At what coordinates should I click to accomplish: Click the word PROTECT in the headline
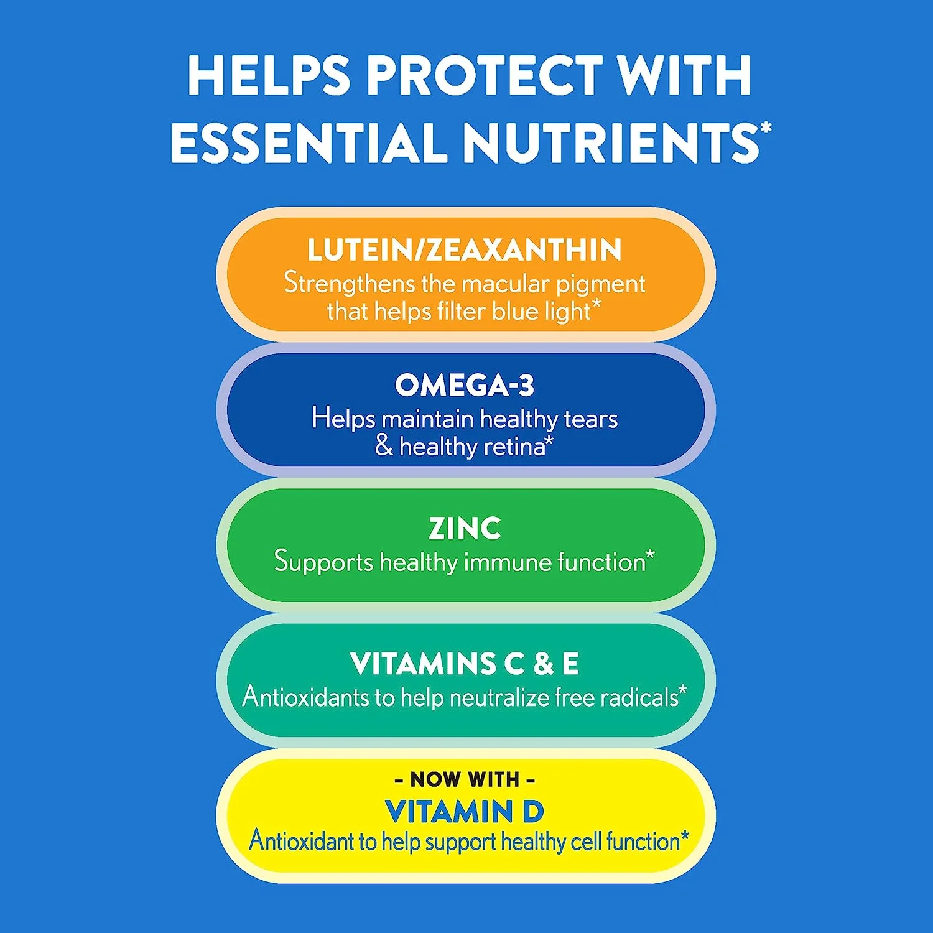(x=485, y=75)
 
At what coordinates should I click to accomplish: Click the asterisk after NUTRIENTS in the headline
(x=766, y=128)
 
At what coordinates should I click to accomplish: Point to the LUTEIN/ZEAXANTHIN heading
(x=465, y=250)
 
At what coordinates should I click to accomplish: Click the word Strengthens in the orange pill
(x=349, y=283)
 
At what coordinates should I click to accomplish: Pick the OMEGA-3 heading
(x=465, y=385)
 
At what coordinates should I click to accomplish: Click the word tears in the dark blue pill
(x=590, y=419)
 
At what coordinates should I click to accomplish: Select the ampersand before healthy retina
(x=384, y=446)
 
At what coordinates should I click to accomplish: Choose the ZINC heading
(x=465, y=529)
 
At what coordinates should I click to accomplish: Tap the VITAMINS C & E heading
(x=465, y=664)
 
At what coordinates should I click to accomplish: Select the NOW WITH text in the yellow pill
(x=465, y=779)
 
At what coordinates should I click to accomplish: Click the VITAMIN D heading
(x=465, y=811)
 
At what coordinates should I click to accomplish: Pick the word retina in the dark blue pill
(x=516, y=447)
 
